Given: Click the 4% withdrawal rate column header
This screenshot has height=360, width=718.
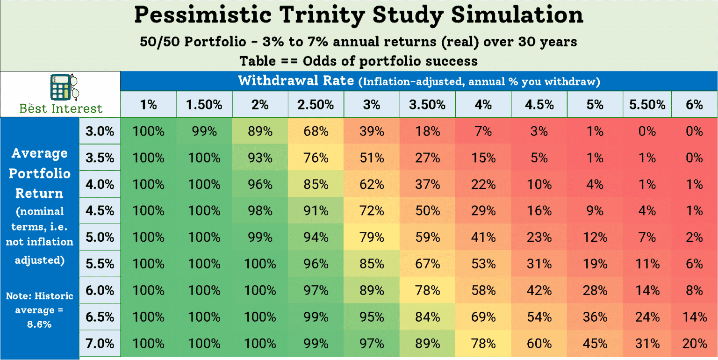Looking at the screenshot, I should pyautogui.click(x=483, y=105).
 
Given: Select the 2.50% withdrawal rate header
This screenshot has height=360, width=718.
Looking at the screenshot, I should pyautogui.click(x=316, y=105).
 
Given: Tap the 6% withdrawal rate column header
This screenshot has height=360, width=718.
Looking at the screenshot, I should pyautogui.click(x=695, y=105).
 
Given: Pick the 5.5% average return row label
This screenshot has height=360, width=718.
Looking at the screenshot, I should pyautogui.click(x=100, y=264).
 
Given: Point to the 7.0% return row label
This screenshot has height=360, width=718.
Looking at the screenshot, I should pyautogui.click(x=100, y=344).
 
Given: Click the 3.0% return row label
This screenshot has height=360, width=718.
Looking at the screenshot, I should pyautogui.click(x=100, y=131).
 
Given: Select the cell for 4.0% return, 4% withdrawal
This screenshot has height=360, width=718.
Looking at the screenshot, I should pyautogui.click(x=483, y=184).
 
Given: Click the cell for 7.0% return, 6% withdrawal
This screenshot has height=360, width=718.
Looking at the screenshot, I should pyautogui.click(x=695, y=344).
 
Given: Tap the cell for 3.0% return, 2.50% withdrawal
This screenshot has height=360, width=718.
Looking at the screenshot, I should pyautogui.click(x=316, y=131).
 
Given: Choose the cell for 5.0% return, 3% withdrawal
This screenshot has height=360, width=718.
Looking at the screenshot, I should pyautogui.click(x=372, y=237).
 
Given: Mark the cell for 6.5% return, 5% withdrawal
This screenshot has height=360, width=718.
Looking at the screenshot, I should pyautogui.click(x=595, y=317).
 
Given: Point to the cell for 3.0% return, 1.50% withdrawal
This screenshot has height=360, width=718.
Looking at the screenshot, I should pyautogui.click(x=204, y=131).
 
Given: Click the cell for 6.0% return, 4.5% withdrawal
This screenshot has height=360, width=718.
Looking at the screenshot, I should pyautogui.click(x=539, y=290).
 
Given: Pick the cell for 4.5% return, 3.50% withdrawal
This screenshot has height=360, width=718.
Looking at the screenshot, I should pyautogui.click(x=427, y=211).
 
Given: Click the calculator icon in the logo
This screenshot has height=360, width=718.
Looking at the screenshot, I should pyautogui.click(x=61, y=87).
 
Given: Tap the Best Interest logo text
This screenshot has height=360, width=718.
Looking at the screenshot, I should pyautogui.click(x=60, y=108).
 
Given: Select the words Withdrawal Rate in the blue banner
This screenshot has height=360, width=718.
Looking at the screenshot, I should pyautogui.click(x=296, y=80).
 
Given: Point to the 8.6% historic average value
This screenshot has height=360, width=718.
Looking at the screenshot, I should pyautogui.click(x=39, y=324).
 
